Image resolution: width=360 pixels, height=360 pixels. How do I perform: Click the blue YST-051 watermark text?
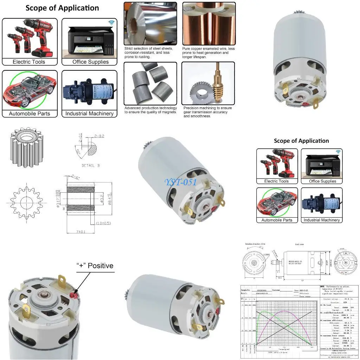click(181, 182)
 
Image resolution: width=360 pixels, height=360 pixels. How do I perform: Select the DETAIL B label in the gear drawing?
click(90, 165)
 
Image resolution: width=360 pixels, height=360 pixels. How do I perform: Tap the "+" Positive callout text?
click(95, 265)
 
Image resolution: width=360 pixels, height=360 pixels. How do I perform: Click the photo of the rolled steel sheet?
click(150, 23)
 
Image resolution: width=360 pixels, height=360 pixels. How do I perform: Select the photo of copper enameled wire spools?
click(208, 23)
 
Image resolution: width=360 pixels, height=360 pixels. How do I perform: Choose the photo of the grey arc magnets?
click(150, 83)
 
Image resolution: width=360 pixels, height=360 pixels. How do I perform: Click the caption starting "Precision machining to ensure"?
click(207, 112)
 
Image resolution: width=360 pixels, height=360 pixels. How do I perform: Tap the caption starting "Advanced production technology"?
click(150, 110)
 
